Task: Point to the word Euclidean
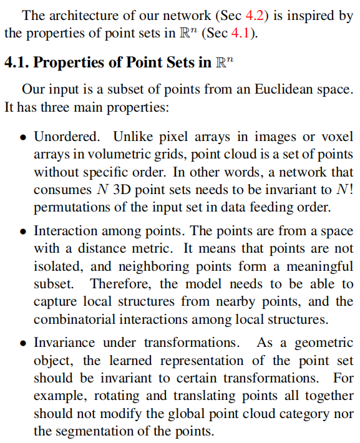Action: [283, 90]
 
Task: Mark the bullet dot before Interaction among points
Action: [22, 231]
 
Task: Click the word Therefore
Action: [117, 284]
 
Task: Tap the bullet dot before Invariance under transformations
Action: [22, 344]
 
